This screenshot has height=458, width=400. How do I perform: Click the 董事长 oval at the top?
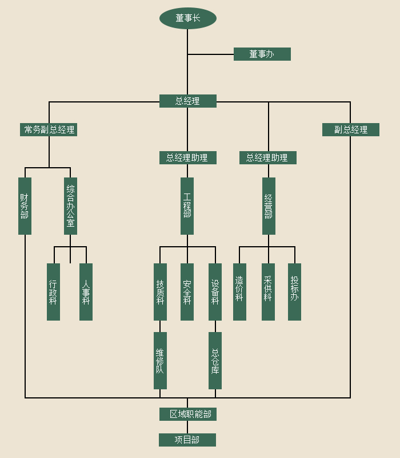coord(187,18)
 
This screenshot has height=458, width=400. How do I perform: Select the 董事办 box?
coord(262,54)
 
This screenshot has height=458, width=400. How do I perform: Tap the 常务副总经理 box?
coord(49,129)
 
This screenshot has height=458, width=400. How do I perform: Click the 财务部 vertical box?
coord(25,206)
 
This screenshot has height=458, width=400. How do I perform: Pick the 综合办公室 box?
coord(70,206)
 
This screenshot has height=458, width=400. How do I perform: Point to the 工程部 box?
coord(187,206)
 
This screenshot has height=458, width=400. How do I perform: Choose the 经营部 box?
coord(269,206)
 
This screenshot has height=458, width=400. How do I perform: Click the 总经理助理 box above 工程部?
coord(187,157)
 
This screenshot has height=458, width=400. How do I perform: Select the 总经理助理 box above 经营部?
coord(267,157)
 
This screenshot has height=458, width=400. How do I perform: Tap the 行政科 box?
coord(53,292)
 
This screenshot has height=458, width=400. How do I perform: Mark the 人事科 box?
coord(86,292)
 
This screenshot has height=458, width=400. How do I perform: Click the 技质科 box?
coord(160,292)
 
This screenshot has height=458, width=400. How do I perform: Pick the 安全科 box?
coord(187,292)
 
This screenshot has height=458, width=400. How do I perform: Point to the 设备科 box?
coord(215,292)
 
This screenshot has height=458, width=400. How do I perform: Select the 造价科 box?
coord(239,292)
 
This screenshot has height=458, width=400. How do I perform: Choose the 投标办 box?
coord(294,292)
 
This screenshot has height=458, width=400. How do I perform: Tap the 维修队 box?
coord(160,361)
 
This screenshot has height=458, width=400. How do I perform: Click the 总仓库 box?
coord(215,361)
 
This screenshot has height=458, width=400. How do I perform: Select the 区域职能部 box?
coord(187,414)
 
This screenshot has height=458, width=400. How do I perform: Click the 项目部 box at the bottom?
coord(187,440)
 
